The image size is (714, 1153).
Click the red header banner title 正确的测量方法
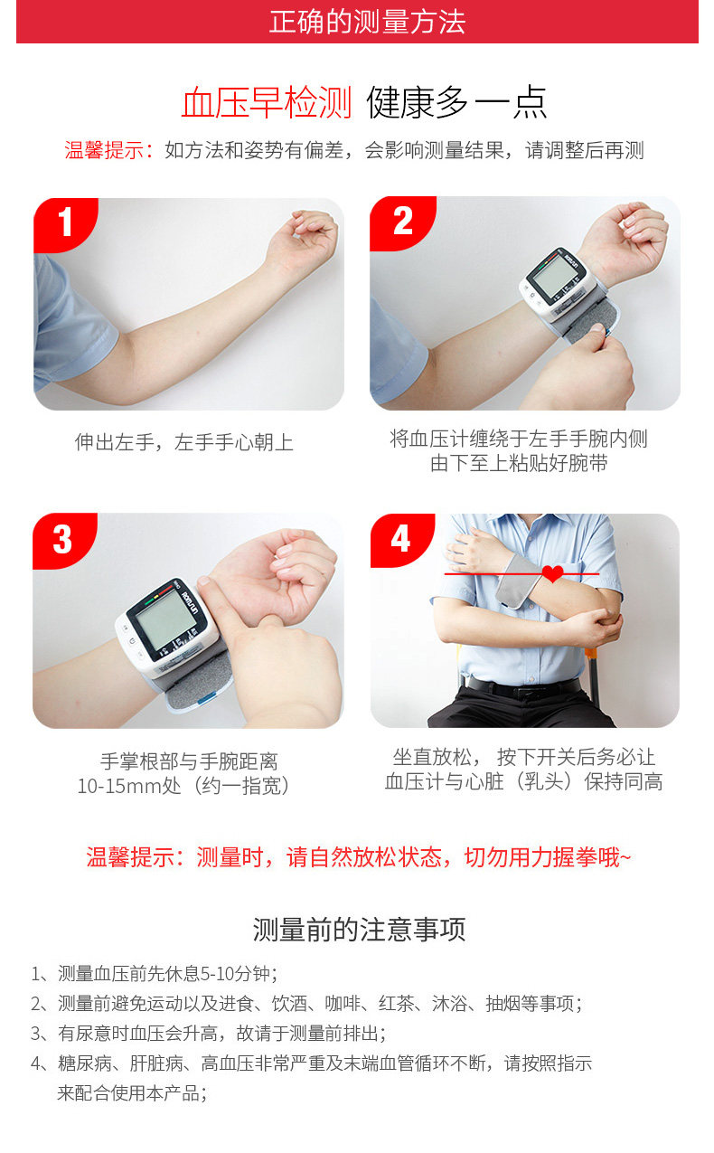point(367,22)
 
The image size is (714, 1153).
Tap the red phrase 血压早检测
point(267,102)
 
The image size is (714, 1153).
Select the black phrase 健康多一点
point(456,102)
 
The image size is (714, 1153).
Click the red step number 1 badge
point(65,222)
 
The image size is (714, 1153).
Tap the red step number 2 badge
point(402,222)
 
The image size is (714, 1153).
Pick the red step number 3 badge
point(63,540)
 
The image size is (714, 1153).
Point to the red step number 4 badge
point(401,539)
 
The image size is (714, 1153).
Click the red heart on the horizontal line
point(553,573)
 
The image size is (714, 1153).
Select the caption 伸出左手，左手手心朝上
point(183,442)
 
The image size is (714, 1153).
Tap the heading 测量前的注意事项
point(359,929)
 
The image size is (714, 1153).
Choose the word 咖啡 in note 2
point(342,1003)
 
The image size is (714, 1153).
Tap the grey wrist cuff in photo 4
point(518,581)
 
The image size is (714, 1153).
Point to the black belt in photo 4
point(523,686)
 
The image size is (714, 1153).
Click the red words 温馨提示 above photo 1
point(103,150)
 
